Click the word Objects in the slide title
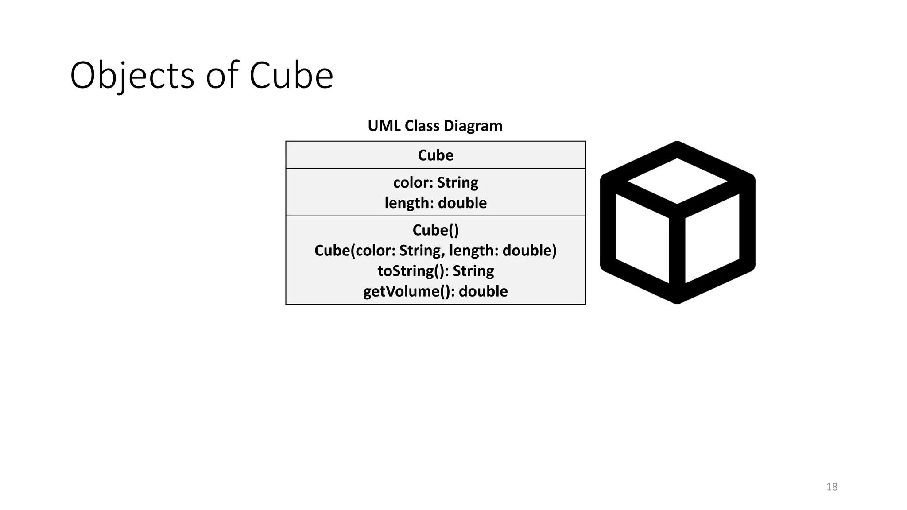click(132, 75)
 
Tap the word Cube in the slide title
click(291, 75)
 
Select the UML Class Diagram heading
click(435, 126)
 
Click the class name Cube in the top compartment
click(435, 155)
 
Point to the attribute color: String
click(435, 182)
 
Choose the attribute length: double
click(435, 203)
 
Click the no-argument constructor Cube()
click(435, 230)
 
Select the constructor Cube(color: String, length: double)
click(435, 251)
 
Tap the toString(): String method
click(435, 271)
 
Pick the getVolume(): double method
click(435, 291)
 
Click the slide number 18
click(832, 487)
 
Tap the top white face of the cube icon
click(677, 181)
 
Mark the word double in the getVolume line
click(483, 291)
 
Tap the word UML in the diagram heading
click(384, 126)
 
